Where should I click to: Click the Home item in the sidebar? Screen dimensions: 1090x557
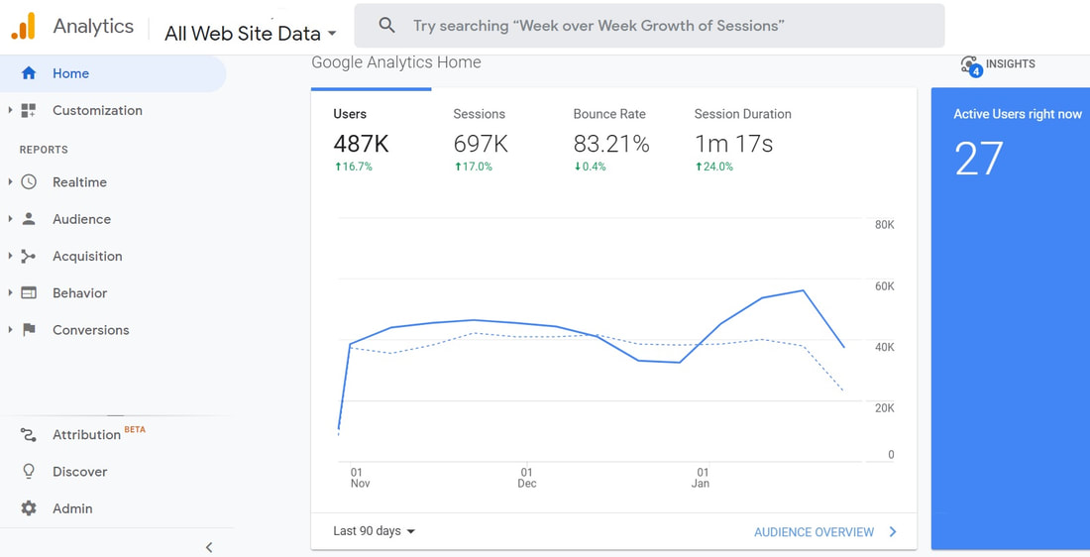(71, 73)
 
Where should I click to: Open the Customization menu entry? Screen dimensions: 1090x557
(97, 111)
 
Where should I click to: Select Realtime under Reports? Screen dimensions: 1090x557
(80, 182)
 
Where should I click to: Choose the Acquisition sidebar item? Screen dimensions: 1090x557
(87, 256)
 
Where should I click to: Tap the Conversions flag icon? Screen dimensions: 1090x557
(29, 330)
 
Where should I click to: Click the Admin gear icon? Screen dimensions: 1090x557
(29, 508)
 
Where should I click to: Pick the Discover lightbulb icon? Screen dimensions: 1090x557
(29, 472)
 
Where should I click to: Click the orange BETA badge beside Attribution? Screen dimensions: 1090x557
(135, 430)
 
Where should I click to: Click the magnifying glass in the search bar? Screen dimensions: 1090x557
(387, 26)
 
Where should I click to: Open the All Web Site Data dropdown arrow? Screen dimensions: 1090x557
(332, 34)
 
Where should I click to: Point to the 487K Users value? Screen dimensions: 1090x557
(361, 144)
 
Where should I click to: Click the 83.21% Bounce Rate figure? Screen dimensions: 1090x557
(611, 144)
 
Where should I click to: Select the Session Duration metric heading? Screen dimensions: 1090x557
(742, 114)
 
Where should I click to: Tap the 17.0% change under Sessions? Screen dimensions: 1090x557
(473, 167)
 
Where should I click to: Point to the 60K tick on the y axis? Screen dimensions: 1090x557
(884, 286)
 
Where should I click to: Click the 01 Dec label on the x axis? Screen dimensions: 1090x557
(527, 478)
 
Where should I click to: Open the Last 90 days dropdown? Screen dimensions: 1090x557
(374, 531)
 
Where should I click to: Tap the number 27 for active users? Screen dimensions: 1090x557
(979, 159)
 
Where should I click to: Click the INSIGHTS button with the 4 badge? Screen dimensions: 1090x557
(998, 64)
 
